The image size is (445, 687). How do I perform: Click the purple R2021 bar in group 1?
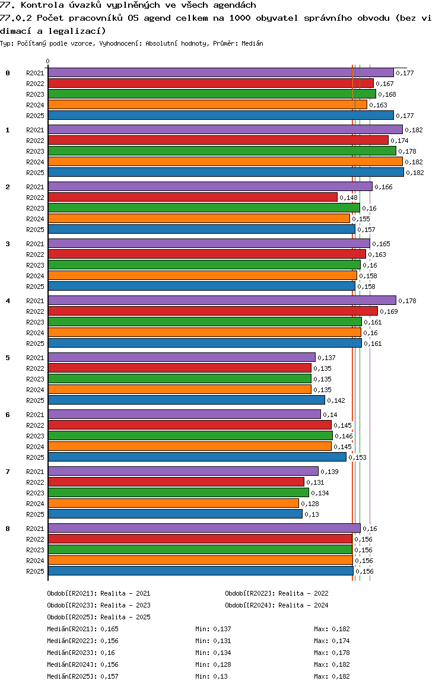[225, 130]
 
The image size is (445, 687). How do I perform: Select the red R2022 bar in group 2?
[193, 197]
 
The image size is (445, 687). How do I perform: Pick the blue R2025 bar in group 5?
[186, 400]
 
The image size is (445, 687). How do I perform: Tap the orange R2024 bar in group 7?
[173, 504]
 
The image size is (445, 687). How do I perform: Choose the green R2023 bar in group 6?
[190, 435]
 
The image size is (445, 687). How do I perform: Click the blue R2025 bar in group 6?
[197, 457]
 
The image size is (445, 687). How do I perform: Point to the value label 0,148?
[349, 198]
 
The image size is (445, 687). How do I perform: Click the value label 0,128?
[310, 504]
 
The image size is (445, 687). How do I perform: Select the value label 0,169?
[389, 311]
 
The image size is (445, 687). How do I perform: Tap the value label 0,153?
[357, 457]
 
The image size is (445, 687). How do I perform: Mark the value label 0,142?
[336, 400]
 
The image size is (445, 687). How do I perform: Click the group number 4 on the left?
[8, 301]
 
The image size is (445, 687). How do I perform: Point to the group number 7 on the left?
[8, 472]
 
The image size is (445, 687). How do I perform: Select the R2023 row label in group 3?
[35, 265]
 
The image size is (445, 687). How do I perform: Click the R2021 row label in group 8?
[35, 529]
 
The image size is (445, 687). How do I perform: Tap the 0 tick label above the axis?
[47, 61]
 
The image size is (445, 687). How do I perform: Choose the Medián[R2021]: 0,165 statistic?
[83, 629]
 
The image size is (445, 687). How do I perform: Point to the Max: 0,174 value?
[332, 641]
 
